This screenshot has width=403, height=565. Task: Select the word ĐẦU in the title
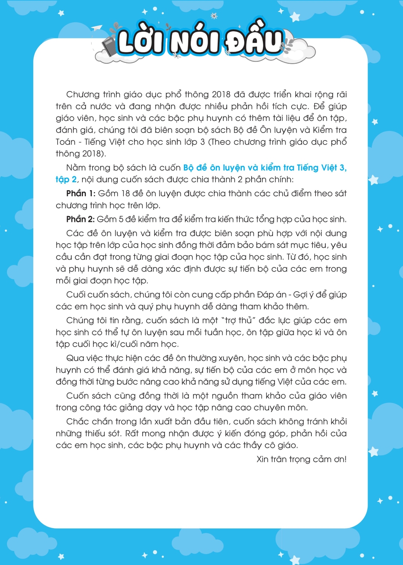(254, 42)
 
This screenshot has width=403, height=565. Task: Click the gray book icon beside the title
(109, 47)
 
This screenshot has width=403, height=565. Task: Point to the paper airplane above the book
(97, 28)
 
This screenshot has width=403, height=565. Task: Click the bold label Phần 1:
(81, 194)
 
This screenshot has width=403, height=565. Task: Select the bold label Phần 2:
(80, 219)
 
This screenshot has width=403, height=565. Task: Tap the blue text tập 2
(66, 180)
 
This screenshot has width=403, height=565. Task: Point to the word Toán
(66, 142)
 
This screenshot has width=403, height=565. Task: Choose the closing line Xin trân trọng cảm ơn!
(301, 459)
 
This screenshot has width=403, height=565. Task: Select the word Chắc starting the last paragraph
(77, 421)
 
